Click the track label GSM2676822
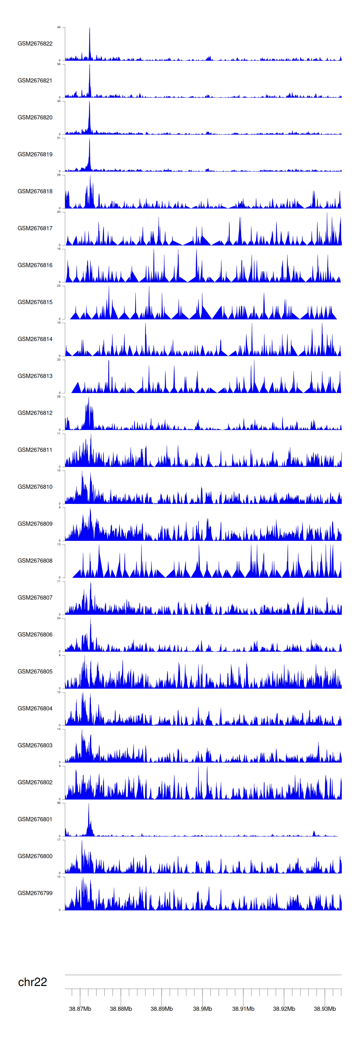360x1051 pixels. coord(35,44)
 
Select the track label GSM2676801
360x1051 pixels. coord(35,819)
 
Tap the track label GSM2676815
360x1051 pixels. coord(35,302)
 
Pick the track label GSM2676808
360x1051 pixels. coord(35,561)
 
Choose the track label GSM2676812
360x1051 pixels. coord(35,413)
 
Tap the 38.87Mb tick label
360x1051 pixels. coord(80,1009)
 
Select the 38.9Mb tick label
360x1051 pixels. coord(203,1009)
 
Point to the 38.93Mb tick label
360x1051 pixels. coord(325,1009)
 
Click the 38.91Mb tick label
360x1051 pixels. coord(243,1009)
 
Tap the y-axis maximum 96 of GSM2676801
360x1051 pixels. coord(59,803)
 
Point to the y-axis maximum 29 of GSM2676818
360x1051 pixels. coord(59,175)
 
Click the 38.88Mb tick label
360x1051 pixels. coord(121,1009)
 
